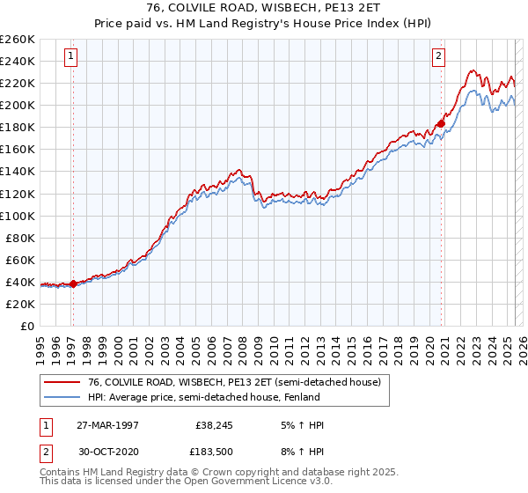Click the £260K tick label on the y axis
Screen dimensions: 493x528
point(17,40)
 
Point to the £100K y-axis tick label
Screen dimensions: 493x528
point(17,216)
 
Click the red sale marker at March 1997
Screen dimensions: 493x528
point(73,283)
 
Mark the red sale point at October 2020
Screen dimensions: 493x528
point(441,123)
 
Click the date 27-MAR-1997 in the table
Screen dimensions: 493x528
point(106,425)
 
